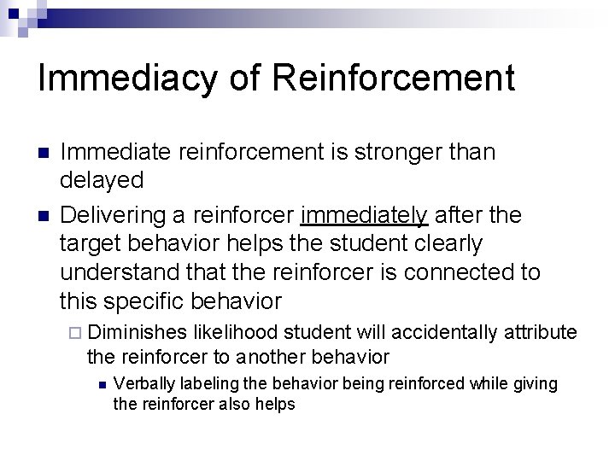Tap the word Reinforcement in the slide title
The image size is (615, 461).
click(394, 79)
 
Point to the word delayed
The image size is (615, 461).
click(102, 179)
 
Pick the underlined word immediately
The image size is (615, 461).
click(364, 214)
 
